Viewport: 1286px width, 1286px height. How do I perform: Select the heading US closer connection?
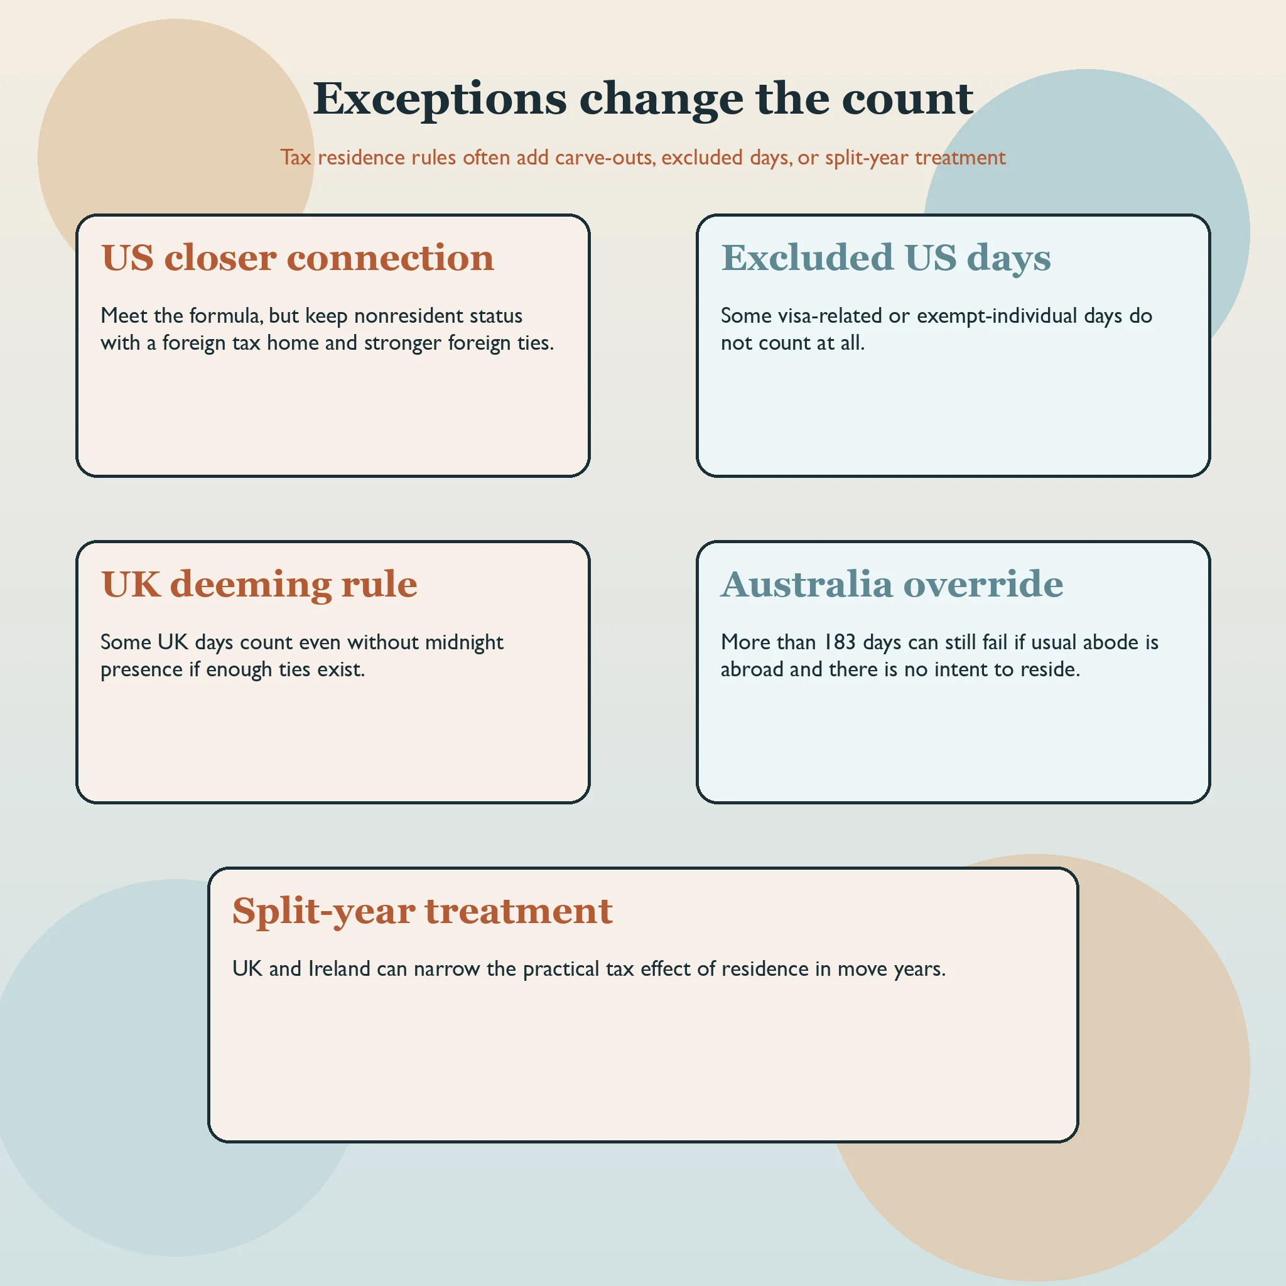[x=298, y=257]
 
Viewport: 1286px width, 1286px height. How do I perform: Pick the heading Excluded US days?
[x=886, y=259]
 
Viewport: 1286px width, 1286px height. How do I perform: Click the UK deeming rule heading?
[x=259, y=585]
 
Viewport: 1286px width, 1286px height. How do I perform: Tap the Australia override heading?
[x=892, y=585]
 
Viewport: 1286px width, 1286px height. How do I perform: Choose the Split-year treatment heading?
[x=422, y=912]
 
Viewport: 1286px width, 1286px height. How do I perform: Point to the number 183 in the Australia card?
[x=840, y=642]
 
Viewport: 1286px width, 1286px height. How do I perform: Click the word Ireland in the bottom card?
[x=339, y=968]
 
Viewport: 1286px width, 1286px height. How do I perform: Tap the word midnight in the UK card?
[x=464, y=642]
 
